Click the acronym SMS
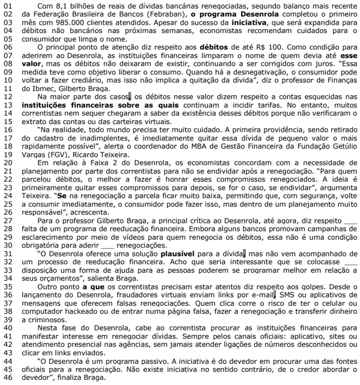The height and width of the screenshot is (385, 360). (287, 295)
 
